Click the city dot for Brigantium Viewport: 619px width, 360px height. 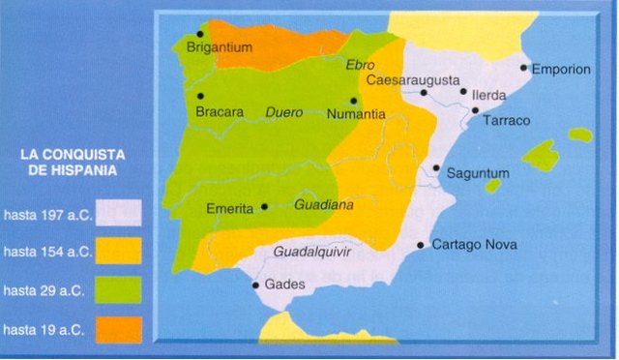coord(200,33)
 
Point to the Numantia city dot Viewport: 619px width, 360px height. coord(354,101)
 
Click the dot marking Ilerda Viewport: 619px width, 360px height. coord(463,93)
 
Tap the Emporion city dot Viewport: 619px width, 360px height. coord(523,68)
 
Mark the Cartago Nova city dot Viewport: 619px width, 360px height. coord(421,245)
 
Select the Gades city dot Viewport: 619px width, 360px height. coord(255,285)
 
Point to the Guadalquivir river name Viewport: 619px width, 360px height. coord(312,253)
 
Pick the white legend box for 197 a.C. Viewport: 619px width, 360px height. coord(119,213)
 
